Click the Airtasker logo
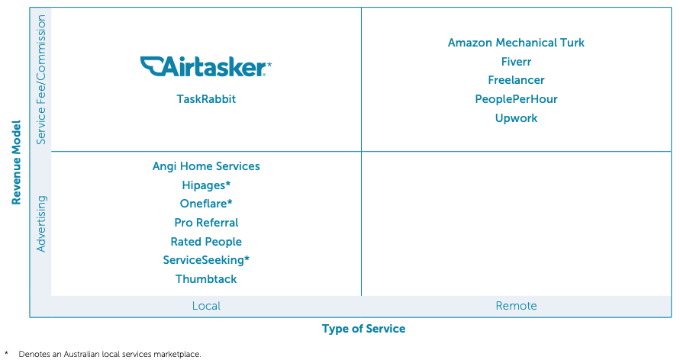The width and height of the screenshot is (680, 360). tap(205, 66)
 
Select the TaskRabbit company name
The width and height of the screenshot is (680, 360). tap(206, 99)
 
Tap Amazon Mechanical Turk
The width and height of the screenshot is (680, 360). tap(516, 43)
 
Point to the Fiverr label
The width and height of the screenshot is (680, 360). tap(516, 62)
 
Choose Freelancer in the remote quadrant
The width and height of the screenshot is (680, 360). tap(516, 80)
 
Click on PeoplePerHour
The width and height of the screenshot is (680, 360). tap(516, 99)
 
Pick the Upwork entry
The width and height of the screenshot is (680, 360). tap(516, 118)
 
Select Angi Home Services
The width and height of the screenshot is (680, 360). tap(206, 166)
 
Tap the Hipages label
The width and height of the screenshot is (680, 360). tap(206, 185)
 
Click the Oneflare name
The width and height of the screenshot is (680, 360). tap(206, 204)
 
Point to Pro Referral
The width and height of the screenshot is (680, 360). tap(206, 223)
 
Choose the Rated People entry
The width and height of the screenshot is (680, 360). tap(206, 242)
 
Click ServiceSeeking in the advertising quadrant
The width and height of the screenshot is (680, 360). tap(206, 260)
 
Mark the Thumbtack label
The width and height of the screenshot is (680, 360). tap(206, 279)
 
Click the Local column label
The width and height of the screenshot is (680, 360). tap(206, 306)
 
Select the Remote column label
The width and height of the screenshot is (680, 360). tap(516, 306)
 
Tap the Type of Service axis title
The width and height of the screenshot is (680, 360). tap(363, 329)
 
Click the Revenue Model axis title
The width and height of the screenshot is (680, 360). tap(16, 162)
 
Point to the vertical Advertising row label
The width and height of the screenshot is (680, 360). tap(40, 224)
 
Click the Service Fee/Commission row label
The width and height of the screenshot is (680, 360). tap(40, 80)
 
